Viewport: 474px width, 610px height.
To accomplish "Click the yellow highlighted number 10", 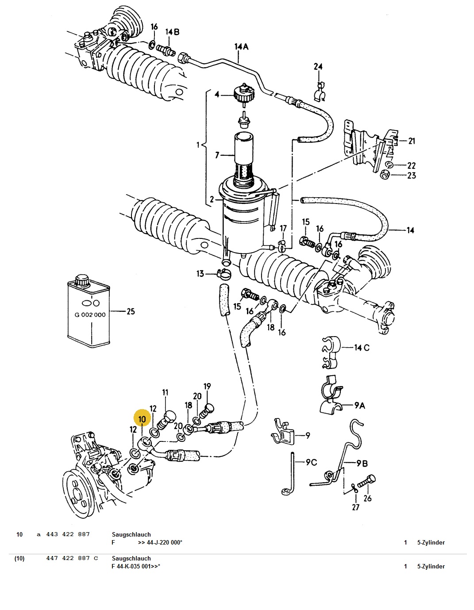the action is click(x=143, y=419).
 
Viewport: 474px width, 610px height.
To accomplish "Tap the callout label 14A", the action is click(x=242, y=46).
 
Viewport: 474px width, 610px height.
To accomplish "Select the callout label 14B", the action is click(x=172, y=32).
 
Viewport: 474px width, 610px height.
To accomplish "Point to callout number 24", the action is click(x=318, y=66).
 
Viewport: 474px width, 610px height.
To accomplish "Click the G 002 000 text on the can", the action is click(x=90, y=315).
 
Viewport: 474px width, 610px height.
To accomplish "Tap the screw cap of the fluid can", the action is click(x=82, y=280).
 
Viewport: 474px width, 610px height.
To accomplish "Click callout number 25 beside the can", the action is click(x=131, y=311).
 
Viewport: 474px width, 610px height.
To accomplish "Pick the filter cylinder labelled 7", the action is click(x=244, y=160).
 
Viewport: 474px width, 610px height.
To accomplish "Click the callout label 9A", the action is click(x=359, y=405).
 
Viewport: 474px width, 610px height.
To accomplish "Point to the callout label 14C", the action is click(x=362, y=348).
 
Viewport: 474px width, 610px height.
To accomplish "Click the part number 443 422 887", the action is click(x=68, y=534).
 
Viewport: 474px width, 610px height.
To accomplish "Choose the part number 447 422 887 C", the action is click(x=72, y=558).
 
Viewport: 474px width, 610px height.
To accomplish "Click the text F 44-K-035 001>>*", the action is click(x=136, y=566).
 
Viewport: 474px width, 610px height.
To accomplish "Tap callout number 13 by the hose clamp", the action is click(x=200, y=273).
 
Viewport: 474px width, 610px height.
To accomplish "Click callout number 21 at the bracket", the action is click(x=412, y=141).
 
